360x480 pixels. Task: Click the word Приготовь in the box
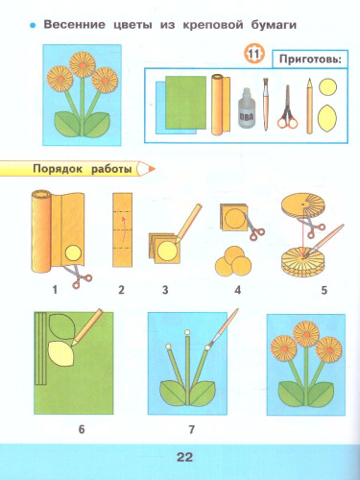(x=308, y=59)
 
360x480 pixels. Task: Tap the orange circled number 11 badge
(x=253, y=54)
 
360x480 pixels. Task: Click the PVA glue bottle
(x=247, y=108)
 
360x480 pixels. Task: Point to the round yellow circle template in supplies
(x=327, y=87)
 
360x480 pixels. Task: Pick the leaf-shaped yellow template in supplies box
(x=327, y=118)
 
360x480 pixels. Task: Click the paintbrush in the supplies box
(x=266, y=104)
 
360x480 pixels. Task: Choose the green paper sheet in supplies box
(x=185, y=102)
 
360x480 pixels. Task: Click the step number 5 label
(x=324, y=290)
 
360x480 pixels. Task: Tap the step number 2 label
(x=121, y=290)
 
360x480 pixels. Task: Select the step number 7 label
(x=191, y=429)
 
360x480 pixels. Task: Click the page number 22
(x=184, y=457)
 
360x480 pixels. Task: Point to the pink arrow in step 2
(x=123, y=229)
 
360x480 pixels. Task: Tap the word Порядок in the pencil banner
(x=58, y=169)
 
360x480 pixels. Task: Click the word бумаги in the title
(x=274, y=25)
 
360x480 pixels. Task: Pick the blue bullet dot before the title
(x=33, y=25)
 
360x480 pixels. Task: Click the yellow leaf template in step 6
(x=60, y=353)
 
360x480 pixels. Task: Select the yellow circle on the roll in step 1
(x=73, y=253)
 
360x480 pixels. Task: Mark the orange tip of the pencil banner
(x=151, y=168)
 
